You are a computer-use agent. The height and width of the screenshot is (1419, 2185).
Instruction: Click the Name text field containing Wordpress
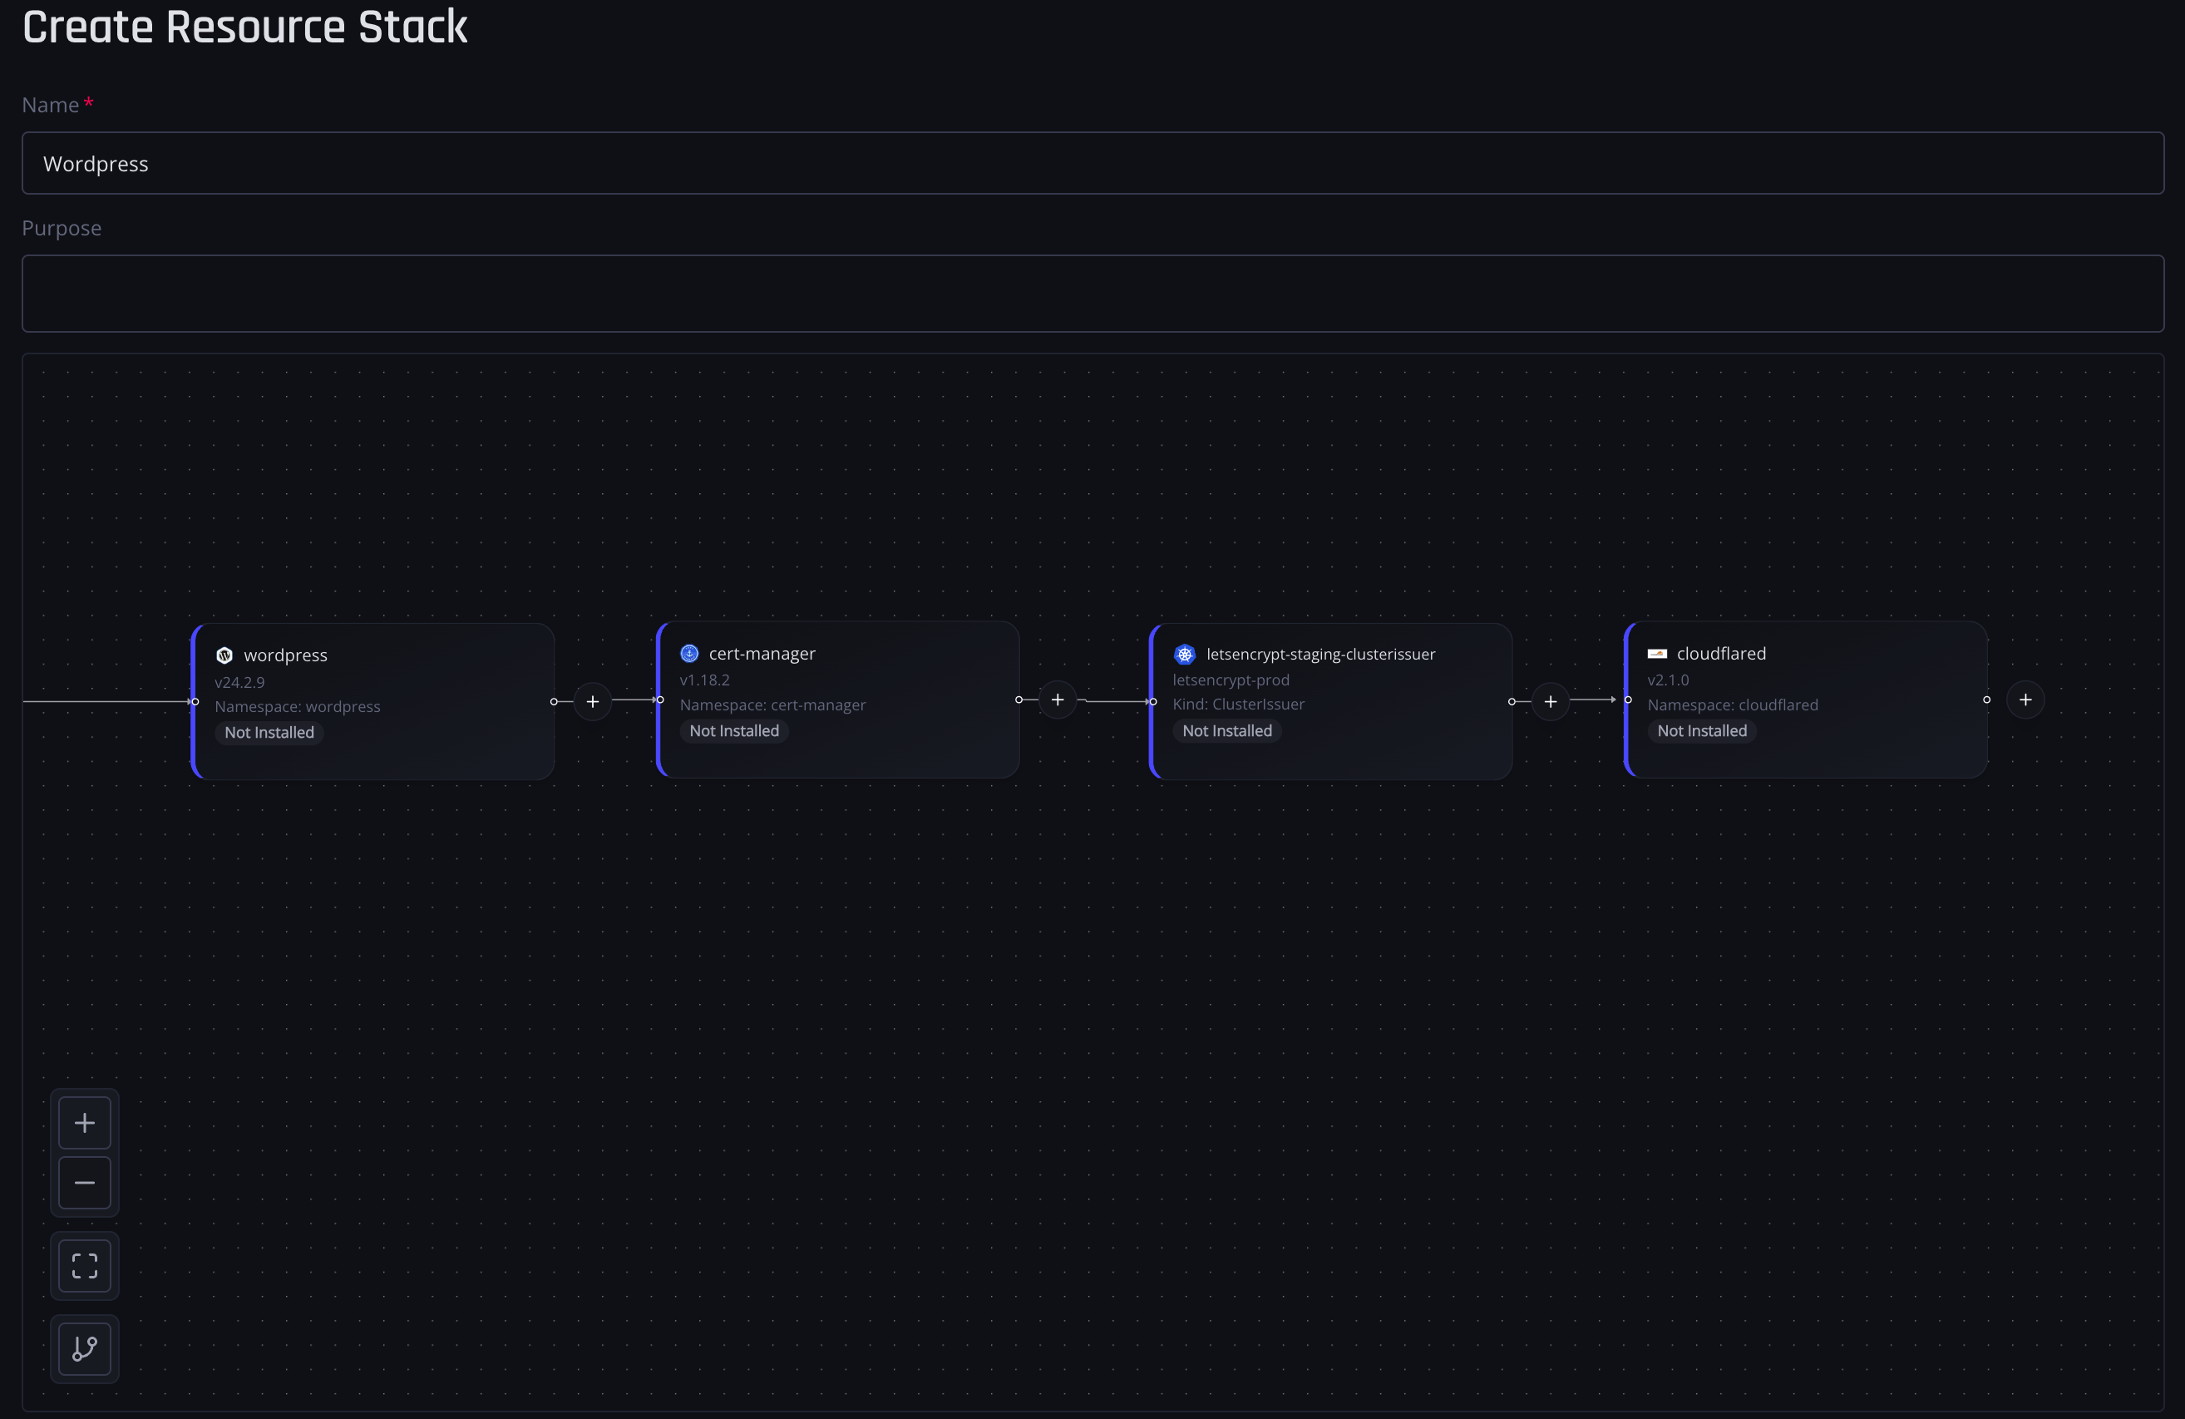[x=1092, y=164]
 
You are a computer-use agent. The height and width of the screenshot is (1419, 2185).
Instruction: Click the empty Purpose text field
[x=1092, y=294]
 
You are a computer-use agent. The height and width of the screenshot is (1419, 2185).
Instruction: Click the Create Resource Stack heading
[x=245, y=27]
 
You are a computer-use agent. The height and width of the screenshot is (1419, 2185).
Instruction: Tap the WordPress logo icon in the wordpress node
[x=224, y=655]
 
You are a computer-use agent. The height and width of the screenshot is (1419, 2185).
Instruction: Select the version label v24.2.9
[x=239, y=682]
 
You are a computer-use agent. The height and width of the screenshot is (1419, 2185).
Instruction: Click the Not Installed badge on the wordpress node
[x=269, y=732]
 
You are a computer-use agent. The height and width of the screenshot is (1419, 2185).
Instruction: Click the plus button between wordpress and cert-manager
[x=593, y=702]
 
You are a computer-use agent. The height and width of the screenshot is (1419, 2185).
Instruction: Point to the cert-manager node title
[x=762, y=654]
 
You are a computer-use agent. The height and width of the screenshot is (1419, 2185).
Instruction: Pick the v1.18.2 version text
[x=705, y=680]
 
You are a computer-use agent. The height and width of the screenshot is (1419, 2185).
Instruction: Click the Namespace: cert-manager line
[x=773, y=705]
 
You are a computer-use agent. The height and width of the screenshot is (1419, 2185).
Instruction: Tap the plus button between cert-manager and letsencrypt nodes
[x=1058, y=700]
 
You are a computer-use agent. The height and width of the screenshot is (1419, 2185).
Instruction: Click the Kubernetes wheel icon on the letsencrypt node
[x=1184, y=654]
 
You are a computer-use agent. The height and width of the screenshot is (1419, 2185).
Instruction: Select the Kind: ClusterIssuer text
[x=1239, y=705]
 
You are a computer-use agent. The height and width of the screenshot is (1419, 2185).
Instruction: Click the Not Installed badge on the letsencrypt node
[x=1227, y=731]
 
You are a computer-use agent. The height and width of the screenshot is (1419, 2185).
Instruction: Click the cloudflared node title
[x=1721, y=654]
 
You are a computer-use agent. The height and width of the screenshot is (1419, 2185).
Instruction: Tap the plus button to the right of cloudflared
[x=2025, y=700]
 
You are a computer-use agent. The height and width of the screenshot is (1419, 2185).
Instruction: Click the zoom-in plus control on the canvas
[x=85, y=1122]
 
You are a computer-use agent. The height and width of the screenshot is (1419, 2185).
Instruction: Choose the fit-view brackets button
[x=85, y=1266]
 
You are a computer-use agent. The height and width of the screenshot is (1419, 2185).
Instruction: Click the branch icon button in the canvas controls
[x=85, y=1348]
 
